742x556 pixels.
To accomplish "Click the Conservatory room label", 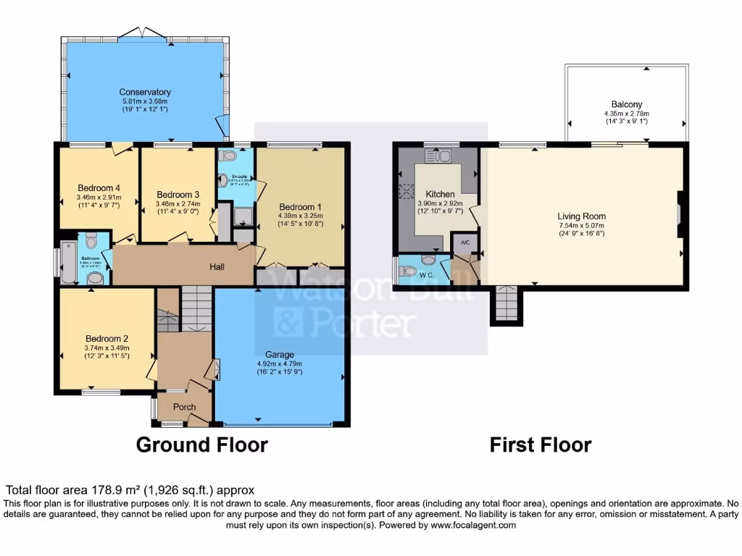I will click(145, 92).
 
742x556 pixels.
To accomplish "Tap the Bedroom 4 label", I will click(99, 188).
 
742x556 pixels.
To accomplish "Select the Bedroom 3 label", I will click(178, 195).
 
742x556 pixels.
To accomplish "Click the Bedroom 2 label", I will click(107, 338).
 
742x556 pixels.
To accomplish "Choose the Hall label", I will click(217, 267).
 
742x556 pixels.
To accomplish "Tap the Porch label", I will click(184, 407).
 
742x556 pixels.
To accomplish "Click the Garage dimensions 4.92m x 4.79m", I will click(279, 364).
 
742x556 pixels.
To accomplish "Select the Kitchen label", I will click(440, 194).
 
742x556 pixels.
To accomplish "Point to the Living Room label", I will click(581, 216).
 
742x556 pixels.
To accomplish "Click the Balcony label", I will click(626, 104).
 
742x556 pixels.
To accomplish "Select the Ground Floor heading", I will click(201, 444).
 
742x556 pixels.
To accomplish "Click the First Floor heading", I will click(540, 444).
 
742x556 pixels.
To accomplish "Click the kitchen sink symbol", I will click(440, 156).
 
